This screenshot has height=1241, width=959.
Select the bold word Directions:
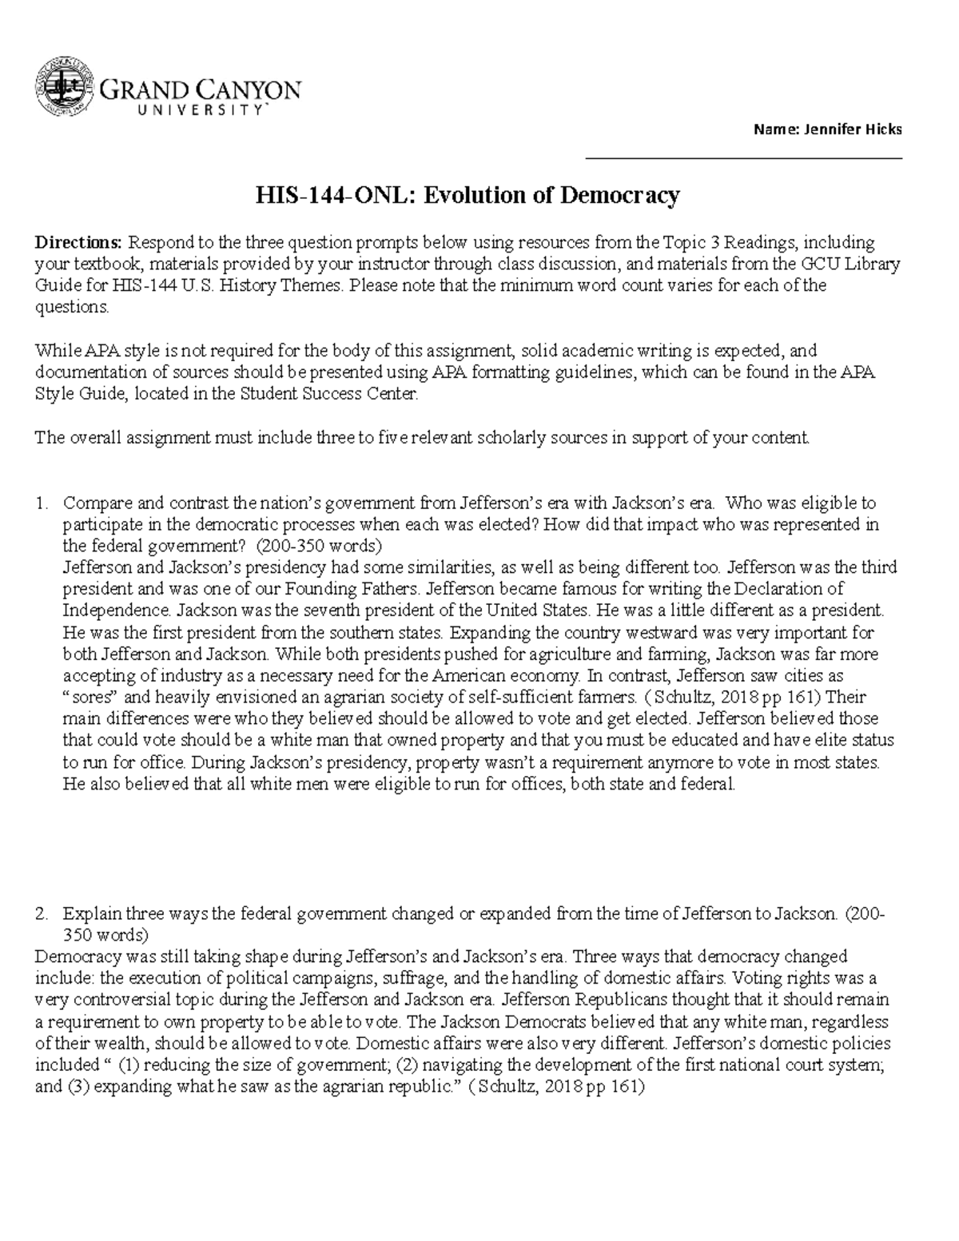point(79,243)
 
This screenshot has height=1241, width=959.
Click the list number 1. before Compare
point(43,503)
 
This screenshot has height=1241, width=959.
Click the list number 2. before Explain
point(43,913)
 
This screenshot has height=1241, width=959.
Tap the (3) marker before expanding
point(76,1087)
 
